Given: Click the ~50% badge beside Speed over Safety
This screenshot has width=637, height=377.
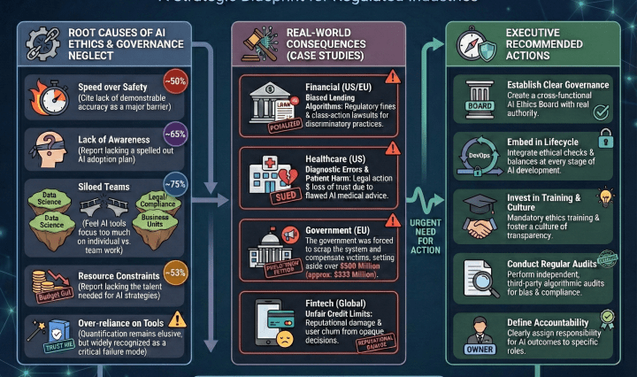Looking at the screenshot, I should coord(177,81).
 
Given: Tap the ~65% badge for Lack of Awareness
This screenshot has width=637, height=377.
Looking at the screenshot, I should coord(176,136).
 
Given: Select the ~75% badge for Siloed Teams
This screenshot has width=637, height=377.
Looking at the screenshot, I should coord(175,185).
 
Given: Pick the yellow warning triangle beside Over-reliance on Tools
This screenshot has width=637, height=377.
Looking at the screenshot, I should coord(177,319).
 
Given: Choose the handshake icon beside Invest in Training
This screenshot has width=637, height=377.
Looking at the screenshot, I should coord(481,227).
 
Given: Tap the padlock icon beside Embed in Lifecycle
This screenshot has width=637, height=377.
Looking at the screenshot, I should coord(606,138).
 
